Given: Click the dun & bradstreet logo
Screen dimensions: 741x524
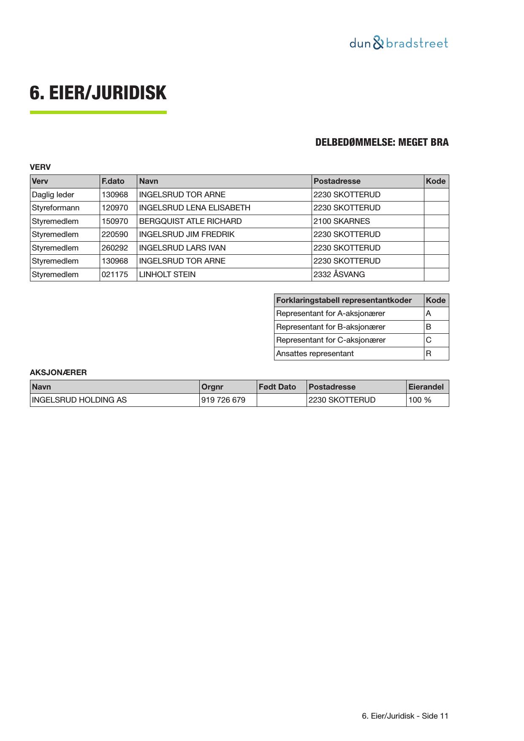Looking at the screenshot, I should [399, 43].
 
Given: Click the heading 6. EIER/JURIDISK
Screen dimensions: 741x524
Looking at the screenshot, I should [98, 93].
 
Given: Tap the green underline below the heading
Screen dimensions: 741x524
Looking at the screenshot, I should [98, 112].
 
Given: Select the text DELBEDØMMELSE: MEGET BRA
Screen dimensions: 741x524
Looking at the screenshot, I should [382, 142].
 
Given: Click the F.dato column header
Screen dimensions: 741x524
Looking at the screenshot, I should [113, 181].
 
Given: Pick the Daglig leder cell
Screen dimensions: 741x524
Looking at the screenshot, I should [53, 195].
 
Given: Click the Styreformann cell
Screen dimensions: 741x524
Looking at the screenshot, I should [55, 208].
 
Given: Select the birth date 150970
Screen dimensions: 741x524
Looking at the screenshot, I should [114, 221].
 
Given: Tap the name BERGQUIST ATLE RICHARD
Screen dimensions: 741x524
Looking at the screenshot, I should [190, 221].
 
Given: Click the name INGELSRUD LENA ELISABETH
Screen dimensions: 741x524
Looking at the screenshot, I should [194, 208].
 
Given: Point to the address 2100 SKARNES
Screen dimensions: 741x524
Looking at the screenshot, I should [341, 221].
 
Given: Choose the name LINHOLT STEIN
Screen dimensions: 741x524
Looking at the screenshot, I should [167, 275].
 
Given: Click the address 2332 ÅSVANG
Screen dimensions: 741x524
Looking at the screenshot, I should [339, 275].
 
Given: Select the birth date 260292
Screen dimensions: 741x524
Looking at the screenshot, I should [114, 248].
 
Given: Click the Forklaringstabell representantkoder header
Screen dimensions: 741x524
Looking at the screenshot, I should [344, 300].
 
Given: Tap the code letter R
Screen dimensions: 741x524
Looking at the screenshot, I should [429, 354].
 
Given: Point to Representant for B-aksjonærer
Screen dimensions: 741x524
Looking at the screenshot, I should [330, 327].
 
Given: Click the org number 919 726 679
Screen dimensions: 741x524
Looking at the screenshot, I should [223, 400].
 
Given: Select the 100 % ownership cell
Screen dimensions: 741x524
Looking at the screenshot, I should [420, 400].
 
